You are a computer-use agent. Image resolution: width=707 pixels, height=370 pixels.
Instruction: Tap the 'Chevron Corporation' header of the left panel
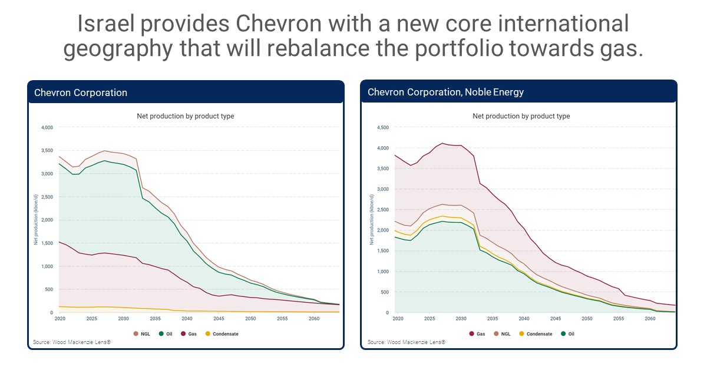pyautogui.click(x=81, y=92)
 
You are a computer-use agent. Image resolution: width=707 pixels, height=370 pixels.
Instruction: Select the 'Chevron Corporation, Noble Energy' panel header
pyautogui.click(x=445, y=92)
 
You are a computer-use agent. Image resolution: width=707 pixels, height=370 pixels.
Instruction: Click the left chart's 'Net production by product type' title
pyautogui.click(x=186, y=116)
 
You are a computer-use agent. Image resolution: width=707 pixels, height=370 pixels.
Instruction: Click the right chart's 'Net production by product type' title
pyautogui.click(x=521, y=116)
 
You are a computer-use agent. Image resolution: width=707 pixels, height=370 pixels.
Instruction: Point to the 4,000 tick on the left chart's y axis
pyautogui.click(x=47, y=127)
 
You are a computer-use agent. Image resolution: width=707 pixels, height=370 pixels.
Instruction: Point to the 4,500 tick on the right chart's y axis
pyautogui.click(x=383, y=127)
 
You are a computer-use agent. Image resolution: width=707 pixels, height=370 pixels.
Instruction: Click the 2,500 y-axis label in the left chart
pyautogui.click(x=47, y=197)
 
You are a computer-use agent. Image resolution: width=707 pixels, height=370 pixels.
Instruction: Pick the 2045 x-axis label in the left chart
pyautogui.click(x=219, y=318)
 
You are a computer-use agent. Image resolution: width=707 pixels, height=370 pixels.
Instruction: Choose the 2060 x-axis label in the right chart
pyautogui.click(x=650, y=318)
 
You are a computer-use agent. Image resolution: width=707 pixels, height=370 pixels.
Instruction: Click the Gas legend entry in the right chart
pyautogui.click(x=477, y=334)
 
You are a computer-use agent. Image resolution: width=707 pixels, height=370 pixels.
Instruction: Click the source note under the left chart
pyautogui.click(x=72, y=342)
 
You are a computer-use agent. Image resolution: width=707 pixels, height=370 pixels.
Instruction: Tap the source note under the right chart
pyautogui.click(x=407, y=342)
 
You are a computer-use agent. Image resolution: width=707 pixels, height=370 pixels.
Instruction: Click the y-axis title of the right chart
pyautogui.click(x=371, y=220)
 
